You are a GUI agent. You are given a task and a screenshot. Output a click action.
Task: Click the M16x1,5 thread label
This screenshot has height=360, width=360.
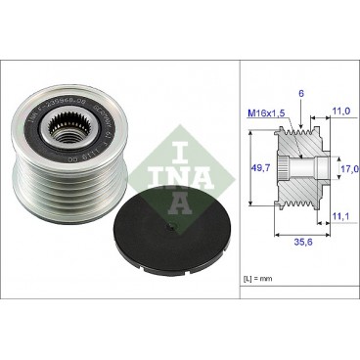point(265,112)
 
